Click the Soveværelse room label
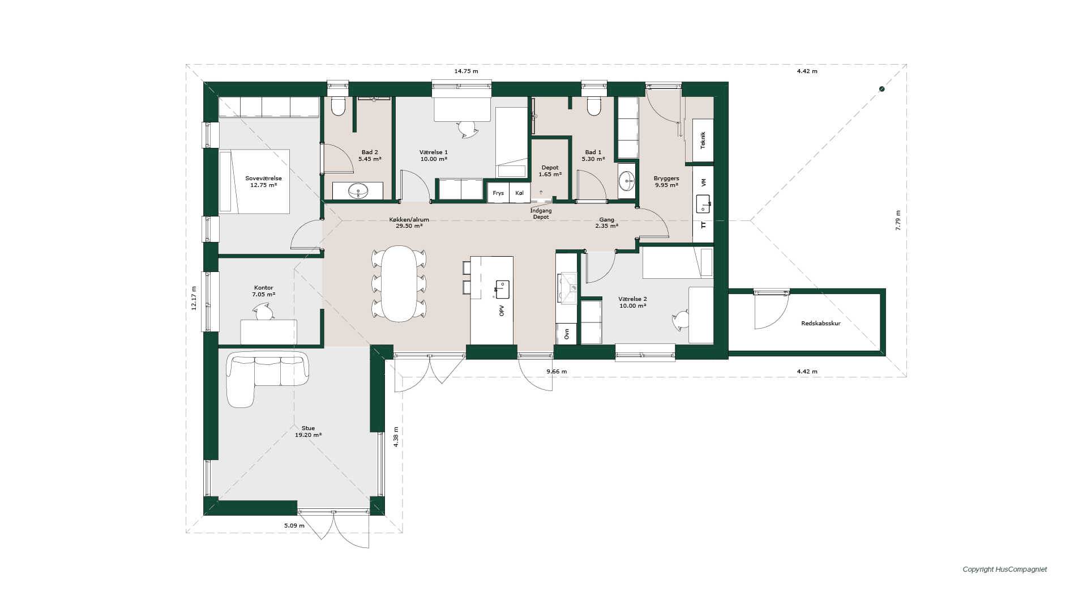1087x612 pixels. (263, 178)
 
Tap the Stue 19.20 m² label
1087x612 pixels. (308, 432)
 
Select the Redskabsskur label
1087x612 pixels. (821, 324)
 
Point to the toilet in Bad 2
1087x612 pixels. (338, 106)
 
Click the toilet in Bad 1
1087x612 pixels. (594, 106)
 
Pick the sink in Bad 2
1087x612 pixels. (358, 191)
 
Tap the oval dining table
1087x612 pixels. (399, 283)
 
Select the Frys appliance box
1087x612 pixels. (498, 193)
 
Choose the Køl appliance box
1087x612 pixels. (520, 193)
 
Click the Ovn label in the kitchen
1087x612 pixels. (567, 334)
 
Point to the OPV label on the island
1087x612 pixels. (502, 311)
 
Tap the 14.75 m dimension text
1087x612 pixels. (466, 71)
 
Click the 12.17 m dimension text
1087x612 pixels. (194, 298)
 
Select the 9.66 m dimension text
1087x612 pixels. (557, 372)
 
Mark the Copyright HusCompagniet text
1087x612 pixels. (1005, 569)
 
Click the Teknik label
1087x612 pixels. (703, 140)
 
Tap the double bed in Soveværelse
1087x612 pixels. (254, 181)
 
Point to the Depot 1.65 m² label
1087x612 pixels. (550, 171)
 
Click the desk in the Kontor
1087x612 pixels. (268, 332)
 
